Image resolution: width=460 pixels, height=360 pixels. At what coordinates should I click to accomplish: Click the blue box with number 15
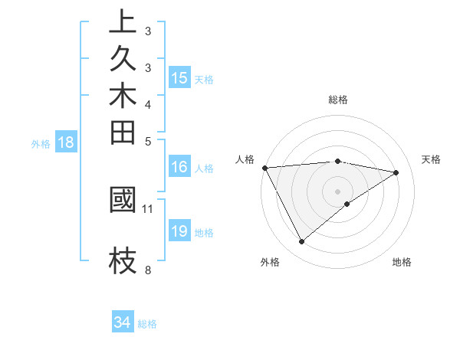tap(179, 77)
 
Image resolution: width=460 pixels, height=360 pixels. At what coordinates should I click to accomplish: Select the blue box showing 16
tap(179, 167)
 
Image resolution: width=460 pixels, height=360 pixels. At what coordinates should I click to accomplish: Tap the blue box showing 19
tap(179, 231)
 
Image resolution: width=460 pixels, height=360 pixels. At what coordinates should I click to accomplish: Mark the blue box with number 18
tap(66, 142)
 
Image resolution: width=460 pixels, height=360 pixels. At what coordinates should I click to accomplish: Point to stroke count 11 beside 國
tap(148, 208)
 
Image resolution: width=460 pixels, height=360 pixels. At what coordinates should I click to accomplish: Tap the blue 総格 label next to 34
tap(147, 324)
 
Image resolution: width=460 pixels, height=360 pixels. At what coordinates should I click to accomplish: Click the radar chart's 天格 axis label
tap(431, 159)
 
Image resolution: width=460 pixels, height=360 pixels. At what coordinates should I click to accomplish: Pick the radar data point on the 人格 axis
tap(264, 167)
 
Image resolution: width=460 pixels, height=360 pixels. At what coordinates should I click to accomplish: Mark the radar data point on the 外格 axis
tap(301, 242)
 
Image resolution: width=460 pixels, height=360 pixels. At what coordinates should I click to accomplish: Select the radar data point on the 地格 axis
tap(347, 204)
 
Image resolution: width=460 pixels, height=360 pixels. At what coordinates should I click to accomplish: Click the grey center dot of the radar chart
tap(337, 191)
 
